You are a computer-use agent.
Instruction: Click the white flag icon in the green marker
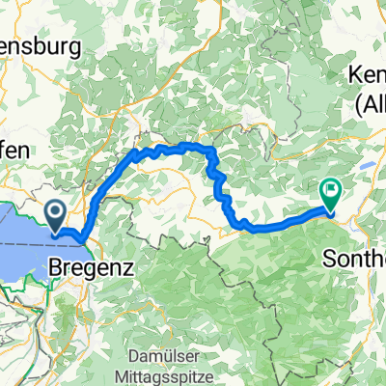(x=330, y=190)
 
